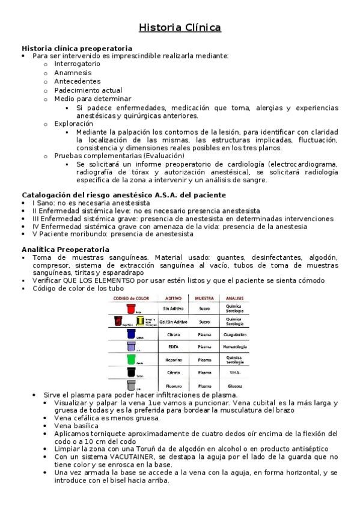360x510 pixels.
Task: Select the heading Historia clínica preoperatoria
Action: click(77, 48)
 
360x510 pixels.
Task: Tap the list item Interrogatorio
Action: click(77, 64)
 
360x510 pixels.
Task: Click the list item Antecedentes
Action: click(77, 81)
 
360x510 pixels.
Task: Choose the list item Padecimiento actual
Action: click(88, 90)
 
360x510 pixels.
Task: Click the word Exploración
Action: click(74, 123)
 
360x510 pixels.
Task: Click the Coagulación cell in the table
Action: click(234, 334)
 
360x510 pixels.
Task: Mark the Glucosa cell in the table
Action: click(234, 386)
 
